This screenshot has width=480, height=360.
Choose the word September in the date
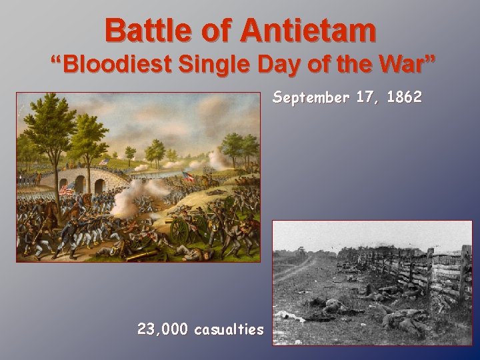[311, 98]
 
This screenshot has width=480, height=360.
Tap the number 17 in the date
[365, 97]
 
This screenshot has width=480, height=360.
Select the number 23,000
[163, 329]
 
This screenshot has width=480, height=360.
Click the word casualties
[229, 329]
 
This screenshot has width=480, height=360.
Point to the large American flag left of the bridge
[67, 189]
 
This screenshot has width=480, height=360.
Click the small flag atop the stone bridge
[105, 162]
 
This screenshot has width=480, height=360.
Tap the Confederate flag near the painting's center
[188, 177]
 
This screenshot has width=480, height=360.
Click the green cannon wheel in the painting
[180, 231]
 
